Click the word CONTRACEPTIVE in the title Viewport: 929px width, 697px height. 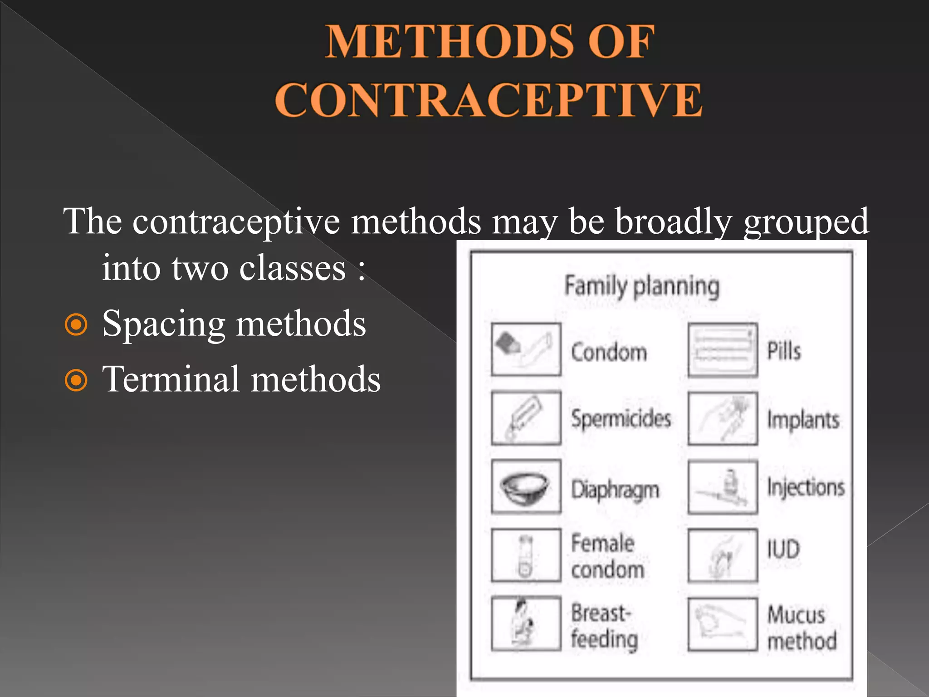489,100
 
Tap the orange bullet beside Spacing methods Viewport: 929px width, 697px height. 76,324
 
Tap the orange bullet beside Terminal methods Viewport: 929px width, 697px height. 76,380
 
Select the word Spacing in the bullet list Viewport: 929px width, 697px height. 164,324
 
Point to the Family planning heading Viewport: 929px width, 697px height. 642,286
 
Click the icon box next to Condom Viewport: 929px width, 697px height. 526,349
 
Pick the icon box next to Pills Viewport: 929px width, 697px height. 722,350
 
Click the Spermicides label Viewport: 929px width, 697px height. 621,418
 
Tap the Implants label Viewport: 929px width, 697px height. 803,420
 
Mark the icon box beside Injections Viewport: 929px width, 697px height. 722,488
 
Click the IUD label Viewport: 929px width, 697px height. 783,549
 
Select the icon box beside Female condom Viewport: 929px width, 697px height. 526,555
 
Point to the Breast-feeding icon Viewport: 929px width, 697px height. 526,623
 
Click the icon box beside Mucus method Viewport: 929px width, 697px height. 722,625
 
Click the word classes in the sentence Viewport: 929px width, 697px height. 293,269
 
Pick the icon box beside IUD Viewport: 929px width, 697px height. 722,555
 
